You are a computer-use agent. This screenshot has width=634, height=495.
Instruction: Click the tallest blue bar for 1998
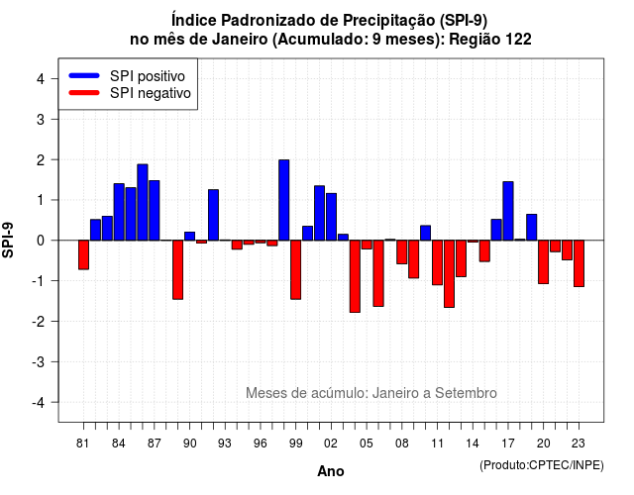coord(284,200)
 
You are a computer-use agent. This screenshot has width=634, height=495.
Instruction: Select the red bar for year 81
coord(83,255)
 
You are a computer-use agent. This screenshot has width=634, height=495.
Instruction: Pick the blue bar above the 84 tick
coord(119,212)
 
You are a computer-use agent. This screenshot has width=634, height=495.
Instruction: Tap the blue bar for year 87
coord(155,211)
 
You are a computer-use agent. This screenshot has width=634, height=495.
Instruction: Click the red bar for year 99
coord(295,270)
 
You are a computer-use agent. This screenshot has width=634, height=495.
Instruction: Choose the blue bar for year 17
coord(508,211)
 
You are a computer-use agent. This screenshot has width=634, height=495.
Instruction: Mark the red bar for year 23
coord(579,263)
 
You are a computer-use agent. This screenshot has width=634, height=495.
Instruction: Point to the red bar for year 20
coord(544,262)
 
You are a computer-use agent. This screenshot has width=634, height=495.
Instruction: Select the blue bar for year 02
coord(331,217)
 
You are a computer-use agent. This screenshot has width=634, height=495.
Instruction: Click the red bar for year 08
coord(402,252)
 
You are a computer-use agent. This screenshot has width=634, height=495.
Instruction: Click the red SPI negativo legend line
coord(84,93)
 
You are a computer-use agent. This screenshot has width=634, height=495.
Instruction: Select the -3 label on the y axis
coord(39,362)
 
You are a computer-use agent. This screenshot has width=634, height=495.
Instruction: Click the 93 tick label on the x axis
coord(225,444)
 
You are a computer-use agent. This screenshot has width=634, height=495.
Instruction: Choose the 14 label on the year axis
coord(473,444)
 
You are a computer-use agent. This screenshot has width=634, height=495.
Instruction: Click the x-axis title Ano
coord(331,471)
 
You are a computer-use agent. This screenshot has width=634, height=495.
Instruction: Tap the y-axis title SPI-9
coord(8,240)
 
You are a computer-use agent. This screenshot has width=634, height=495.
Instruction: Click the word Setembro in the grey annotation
coord(466,393)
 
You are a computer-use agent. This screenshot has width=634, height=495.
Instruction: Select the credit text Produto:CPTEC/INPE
coord(542,465)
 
